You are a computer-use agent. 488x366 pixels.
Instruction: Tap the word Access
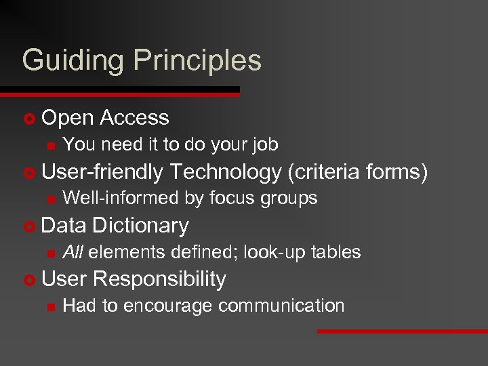point(134,118)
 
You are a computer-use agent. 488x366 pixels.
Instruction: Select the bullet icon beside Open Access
point(28,119)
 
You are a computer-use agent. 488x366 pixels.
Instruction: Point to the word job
point(264,145)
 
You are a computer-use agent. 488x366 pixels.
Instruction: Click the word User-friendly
point(102,172)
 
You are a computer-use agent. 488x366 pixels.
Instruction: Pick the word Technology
point(226,172)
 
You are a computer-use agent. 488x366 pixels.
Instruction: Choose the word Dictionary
point(140,226)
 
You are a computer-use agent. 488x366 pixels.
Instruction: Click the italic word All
point(73,252)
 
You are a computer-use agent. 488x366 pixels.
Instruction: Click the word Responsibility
point(161,279)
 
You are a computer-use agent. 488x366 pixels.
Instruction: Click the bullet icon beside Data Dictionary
point(28,226)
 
